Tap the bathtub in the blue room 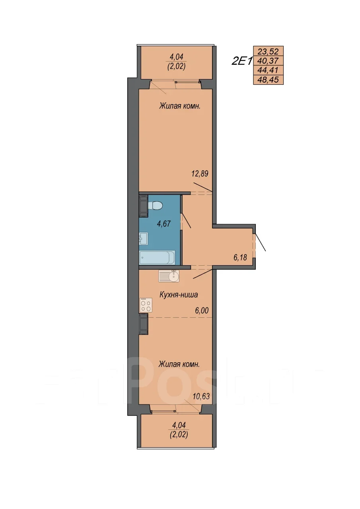(157, 257)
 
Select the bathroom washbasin (144, 239)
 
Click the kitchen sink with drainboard (169, 276)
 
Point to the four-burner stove (146, 305)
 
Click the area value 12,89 (200, 174)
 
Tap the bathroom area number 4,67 (163, 223)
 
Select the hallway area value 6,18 (240, 257)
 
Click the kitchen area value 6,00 (202, 311)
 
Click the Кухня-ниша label (179, 295)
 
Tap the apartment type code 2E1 (241, 61)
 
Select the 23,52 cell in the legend (268, 51)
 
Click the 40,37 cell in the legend (268, 61)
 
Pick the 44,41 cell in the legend (268, 70)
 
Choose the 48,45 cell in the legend (268, 80)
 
